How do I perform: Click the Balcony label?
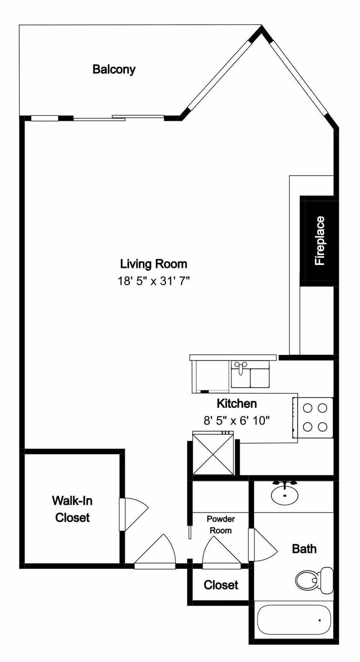pos(114,69)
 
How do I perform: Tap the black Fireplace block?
pos(319,241)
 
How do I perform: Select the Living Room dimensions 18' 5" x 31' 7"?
pos(153,281)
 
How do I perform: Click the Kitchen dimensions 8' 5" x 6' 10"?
pos(236,420)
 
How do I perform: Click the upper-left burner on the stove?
pos(307,408)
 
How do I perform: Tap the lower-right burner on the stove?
pos(322,427)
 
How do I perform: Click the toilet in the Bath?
pos(313,580)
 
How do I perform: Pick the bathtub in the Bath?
pos(294,620)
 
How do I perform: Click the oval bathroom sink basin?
pos(285,495)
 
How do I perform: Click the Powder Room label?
pos(220,524)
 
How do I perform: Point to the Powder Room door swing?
pos(220,551)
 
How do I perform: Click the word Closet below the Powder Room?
pos(220,585)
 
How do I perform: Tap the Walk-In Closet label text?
pos(72,509)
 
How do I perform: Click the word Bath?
pos(304,549)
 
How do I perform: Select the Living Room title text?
pos(153,264)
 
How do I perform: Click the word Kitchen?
pos(237,404)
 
